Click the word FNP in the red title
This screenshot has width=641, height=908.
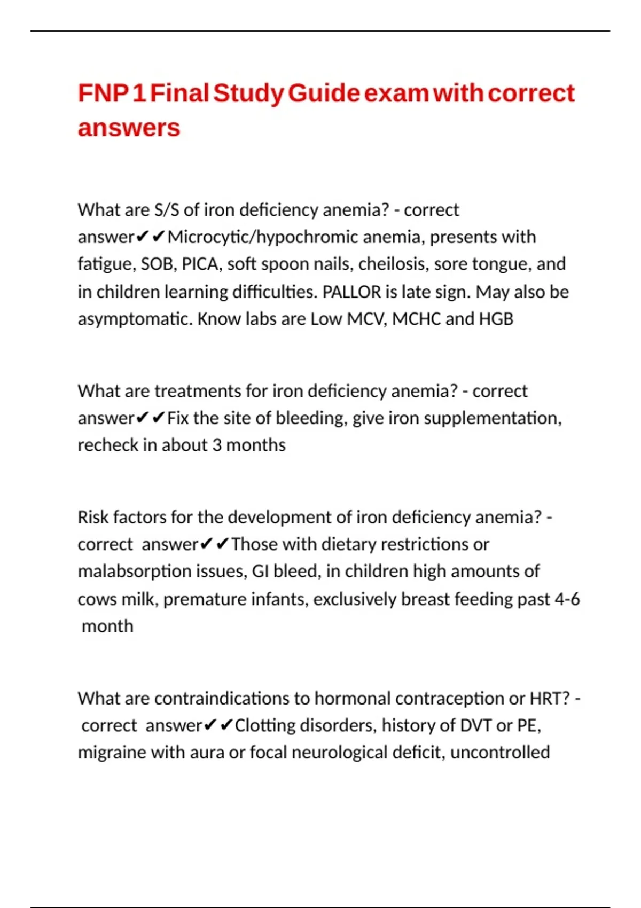[x=104, y=93]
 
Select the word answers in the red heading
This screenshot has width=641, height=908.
[x=129, y=128]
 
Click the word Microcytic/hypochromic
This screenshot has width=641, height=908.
[x=262, y=237]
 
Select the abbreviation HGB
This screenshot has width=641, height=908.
[x=496, y=319]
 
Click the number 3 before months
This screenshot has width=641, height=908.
[x=217, y=445]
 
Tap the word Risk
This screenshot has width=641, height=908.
[x=93, y=517]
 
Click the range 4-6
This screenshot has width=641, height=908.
[x=567, y=599]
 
